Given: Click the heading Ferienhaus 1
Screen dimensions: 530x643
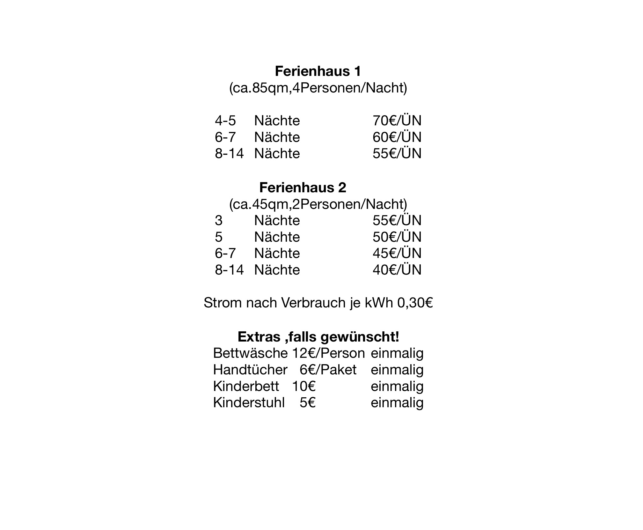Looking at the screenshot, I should [318, 71].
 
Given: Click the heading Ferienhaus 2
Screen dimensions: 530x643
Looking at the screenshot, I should [302, 188].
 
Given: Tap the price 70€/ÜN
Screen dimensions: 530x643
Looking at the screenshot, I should [397, 121].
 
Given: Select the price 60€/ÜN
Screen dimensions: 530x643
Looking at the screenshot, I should [397, 137].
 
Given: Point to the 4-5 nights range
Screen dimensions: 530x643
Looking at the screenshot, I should [225, 121].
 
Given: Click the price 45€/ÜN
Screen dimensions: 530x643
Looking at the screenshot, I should [397, 254].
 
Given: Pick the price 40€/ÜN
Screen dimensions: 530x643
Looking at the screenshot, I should [397, 270].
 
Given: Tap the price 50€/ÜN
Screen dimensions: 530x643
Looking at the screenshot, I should [397, 237].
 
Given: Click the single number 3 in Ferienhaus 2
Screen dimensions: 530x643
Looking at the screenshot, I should [218, 221].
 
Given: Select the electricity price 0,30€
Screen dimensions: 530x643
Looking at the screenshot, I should [415, 303].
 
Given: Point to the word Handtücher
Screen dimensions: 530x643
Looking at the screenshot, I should [250, 370].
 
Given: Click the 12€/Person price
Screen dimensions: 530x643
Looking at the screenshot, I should [328, 353].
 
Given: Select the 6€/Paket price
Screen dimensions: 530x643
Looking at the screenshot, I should [328, 370].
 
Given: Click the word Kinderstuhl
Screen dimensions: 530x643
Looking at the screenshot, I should [248, 403].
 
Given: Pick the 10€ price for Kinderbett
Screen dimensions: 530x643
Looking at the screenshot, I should [303, 386].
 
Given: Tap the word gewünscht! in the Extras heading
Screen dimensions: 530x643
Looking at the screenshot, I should [360, 337].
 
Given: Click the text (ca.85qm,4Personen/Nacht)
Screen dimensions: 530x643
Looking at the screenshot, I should [318, 88].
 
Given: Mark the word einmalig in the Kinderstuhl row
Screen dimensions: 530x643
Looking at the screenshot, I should [397, 403].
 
